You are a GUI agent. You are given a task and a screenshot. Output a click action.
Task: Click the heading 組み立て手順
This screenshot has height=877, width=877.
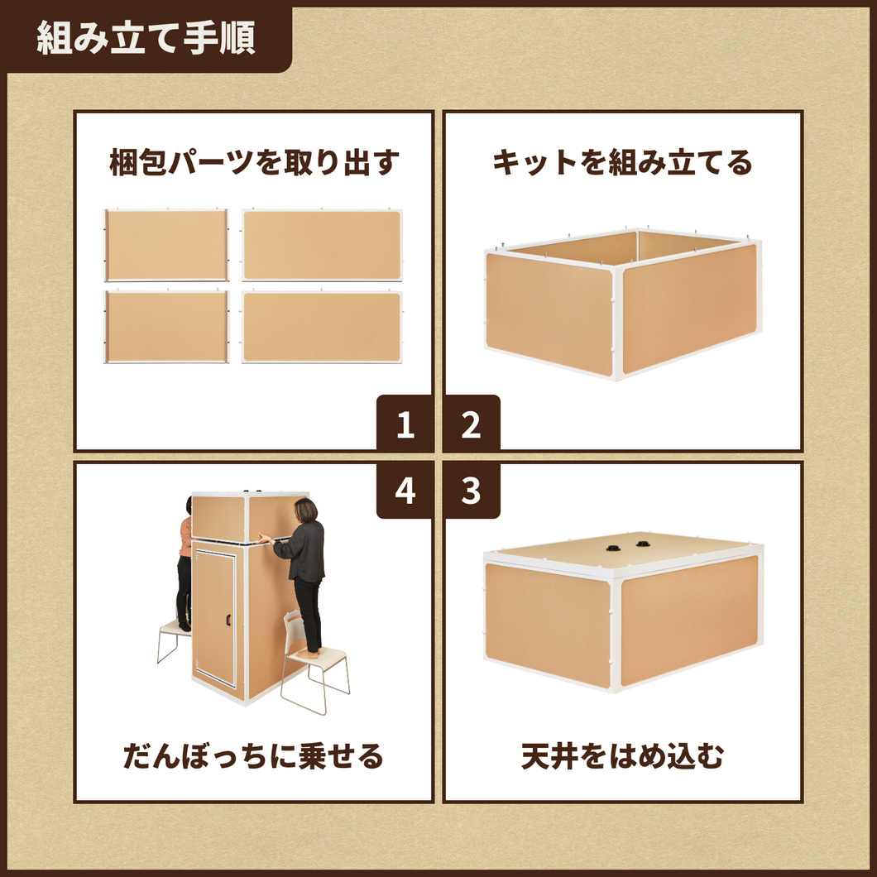click(146, 37)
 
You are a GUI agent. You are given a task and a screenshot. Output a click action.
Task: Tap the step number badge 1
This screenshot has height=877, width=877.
click(405, 423)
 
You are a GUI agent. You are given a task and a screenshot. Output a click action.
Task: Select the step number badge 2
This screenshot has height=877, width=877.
click(472, 423)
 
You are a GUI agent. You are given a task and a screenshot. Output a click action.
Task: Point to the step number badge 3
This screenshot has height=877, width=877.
click(472, 491)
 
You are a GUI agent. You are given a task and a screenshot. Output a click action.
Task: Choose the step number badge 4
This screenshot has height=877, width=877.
click(405, 491)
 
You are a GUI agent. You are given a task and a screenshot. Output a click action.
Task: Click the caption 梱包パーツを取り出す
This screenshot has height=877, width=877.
click(255, 162)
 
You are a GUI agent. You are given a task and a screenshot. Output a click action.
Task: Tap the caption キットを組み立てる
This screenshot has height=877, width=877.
click(622, 162)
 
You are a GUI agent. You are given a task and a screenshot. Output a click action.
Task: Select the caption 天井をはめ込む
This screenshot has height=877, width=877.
click(622, 756)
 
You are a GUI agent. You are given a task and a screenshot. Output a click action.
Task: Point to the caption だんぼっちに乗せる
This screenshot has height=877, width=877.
click(253, 756)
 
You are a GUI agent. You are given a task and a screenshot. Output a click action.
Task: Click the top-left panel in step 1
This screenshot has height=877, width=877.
click(166, 245)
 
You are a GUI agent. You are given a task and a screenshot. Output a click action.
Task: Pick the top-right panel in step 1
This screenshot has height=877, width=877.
click(322, 245)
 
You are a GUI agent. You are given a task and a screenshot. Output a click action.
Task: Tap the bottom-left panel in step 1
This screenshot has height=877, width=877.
click(166, 327)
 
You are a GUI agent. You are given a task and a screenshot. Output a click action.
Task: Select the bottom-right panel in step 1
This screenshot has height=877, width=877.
click(322, 327)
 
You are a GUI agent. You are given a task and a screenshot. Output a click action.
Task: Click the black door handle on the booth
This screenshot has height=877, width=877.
click(228, 620)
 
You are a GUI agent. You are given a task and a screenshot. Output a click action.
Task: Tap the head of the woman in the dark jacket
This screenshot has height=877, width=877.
click(306, 510)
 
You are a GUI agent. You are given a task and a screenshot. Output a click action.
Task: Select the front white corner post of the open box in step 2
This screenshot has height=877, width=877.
click(617, 323)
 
